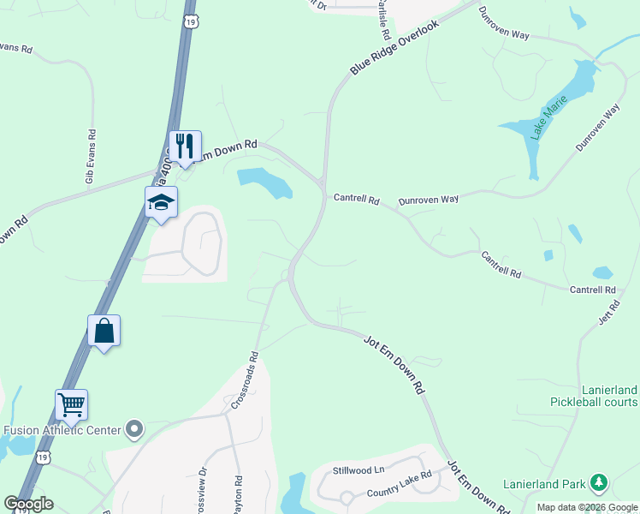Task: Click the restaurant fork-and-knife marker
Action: pos(186,147)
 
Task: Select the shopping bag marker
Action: pos(104,332)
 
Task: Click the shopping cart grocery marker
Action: pos(72,405)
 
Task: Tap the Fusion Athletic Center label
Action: pos(62,430)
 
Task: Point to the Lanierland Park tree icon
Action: pos(599,484)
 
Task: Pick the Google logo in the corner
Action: pos(28,504)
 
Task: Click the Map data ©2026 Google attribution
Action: pos(587,507)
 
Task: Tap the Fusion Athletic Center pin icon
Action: pos(134,429)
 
